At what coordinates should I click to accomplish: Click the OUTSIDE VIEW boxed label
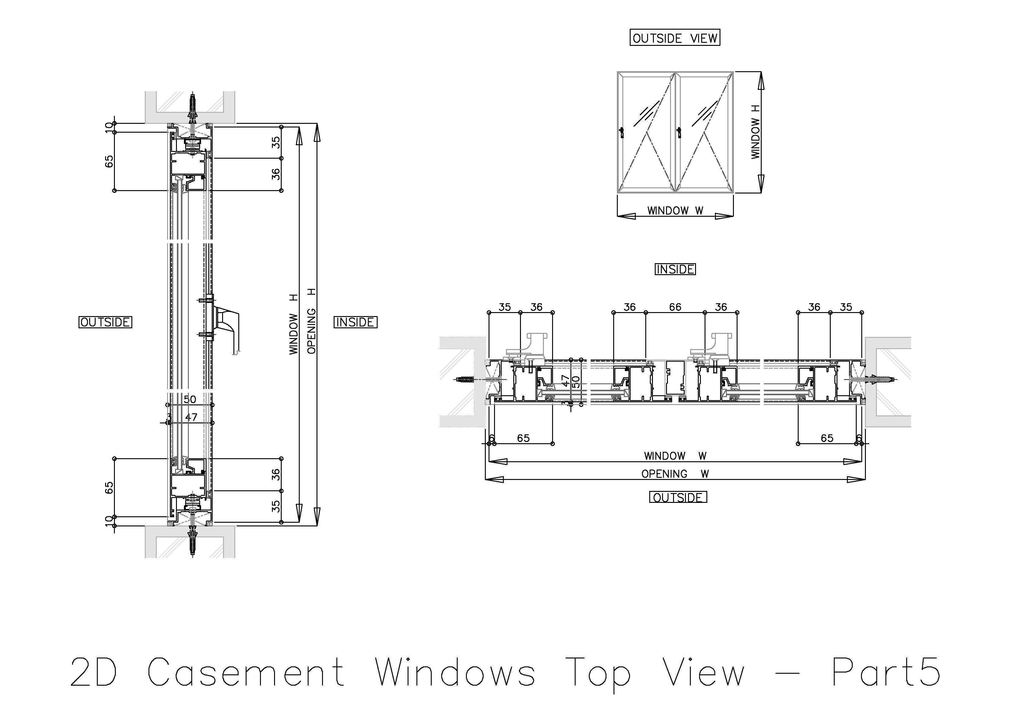tap(675, 38)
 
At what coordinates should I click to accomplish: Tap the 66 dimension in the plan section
tap(675, 307)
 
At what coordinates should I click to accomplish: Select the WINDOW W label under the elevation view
tap(675, 211)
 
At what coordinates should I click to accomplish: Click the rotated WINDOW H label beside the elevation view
tap(756, 132)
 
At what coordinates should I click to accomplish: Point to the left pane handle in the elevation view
tap(622, 132)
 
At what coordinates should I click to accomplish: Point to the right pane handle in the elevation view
tap(679, 132)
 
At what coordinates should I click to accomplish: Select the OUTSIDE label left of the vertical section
tap(105, 322)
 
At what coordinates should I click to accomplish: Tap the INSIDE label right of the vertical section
tap(355, 322)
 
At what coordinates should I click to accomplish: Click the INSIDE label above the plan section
tap(675, 269)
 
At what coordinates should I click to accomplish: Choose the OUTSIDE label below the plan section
tap(678, 497)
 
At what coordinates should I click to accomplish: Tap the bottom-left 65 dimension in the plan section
tap(523, 438)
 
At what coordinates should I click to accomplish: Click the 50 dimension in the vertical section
tap(189, 400)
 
